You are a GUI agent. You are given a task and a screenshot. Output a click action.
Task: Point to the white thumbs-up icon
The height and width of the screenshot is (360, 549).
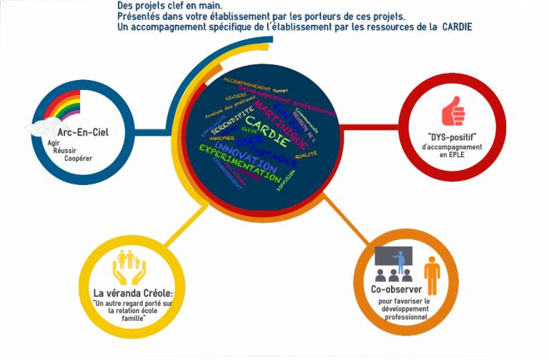(453, 113)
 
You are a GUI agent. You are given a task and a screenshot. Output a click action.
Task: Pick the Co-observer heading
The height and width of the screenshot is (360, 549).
(397, 290)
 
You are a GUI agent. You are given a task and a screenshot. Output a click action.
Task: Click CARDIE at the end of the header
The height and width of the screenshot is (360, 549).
(457, 27)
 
